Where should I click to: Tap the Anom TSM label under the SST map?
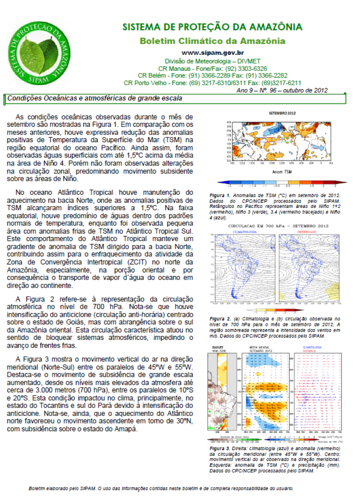pyautogui.click(x=282, y=172)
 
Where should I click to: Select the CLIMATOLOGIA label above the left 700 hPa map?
pyautogui.click(x=245, y=232)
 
